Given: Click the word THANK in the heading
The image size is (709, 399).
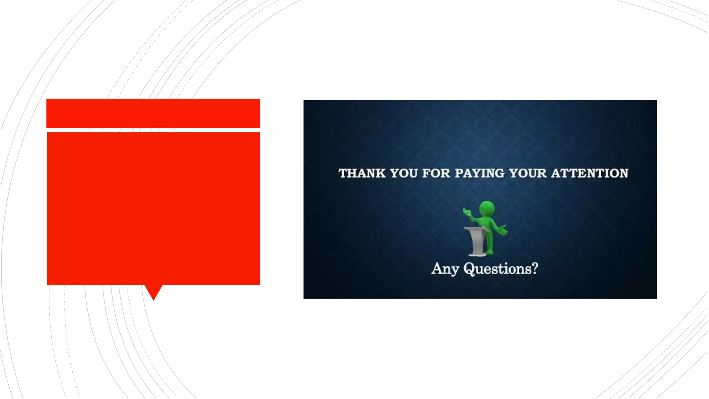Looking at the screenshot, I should (362, 173).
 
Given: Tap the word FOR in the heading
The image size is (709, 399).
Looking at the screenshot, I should (436, 173).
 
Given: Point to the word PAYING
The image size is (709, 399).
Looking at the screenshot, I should (479, 173).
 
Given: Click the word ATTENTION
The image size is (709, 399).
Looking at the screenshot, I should (590, 173).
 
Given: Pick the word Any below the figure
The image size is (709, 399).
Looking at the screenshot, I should (445, 269).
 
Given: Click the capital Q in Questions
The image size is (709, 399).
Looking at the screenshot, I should (469, 269).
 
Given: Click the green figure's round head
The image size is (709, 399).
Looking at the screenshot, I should (487, 209).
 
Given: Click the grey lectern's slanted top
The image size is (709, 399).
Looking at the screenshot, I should (476, 229).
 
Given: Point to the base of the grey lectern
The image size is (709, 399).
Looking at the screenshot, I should (477, 255).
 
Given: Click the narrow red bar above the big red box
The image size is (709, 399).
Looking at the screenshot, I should (153, 113).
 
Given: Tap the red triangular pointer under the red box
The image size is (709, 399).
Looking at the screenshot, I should (153, 292).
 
